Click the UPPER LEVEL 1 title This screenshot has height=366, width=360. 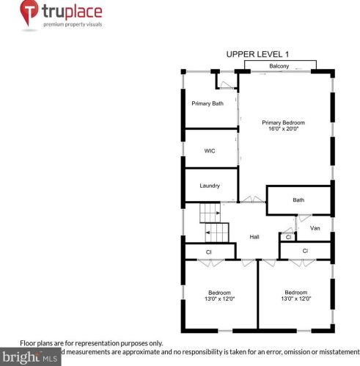tap(258, 54)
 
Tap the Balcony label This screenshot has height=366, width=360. tap(279, 67)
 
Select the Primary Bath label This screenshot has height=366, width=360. tap(207, 103)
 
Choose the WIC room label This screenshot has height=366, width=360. tap(210, 151)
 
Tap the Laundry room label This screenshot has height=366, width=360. tap(210, 186)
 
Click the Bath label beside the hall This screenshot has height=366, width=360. tap(298, 200)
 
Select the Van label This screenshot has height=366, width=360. tap(315, 228)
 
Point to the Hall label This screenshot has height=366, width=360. tap(254, 236)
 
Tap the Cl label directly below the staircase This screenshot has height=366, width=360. tap(208, 252)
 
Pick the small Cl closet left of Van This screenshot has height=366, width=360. tap(288, 237)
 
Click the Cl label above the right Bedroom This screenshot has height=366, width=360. tap(305, 252)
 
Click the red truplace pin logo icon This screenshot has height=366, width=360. tap(29, 14)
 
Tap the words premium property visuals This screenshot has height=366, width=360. tap(72, 24)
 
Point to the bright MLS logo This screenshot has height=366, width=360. tap(29, 358)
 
